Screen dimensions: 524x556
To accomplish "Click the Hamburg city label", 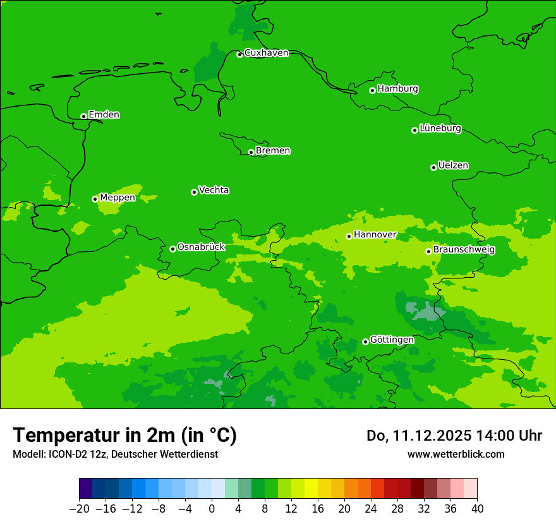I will (397, 89).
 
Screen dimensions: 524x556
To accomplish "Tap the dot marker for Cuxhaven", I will (239, 54).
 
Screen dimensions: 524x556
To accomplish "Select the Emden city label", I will (104, 115).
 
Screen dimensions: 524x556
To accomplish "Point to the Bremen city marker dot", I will (251, 152).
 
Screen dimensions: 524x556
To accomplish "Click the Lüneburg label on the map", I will (440, 128).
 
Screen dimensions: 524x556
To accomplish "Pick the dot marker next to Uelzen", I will (433, 167).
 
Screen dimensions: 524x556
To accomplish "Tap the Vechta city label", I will (214, 190).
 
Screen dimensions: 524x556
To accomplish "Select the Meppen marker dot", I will (95, 199).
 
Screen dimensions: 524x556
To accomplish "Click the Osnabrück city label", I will (201, 247).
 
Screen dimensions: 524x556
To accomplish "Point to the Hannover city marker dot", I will (349, 236).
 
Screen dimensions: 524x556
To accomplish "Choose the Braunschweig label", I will (464, 250).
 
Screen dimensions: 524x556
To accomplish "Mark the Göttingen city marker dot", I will (365, 342).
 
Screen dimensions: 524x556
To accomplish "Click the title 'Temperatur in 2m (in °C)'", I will (124, 436).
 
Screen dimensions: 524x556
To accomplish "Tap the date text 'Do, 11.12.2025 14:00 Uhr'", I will (454, 436).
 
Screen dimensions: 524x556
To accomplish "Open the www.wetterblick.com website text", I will (456, 454).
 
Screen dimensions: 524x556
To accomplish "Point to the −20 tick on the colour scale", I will (79, 509).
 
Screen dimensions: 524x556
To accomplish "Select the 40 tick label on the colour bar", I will (477, 509).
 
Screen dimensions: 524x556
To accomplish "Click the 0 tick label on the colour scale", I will (212, 509).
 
